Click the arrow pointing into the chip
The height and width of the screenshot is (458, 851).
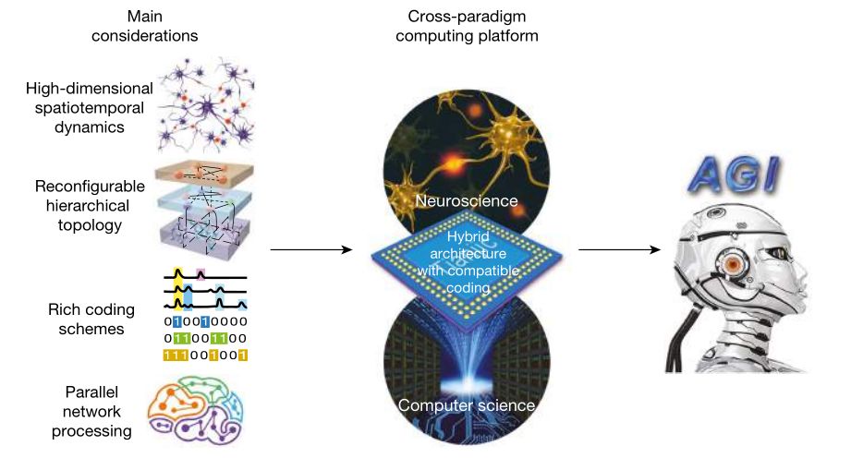pyautogui.click(x=313, y=249)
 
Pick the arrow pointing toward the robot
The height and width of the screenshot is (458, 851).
pyautogui.click(x=619, y=249)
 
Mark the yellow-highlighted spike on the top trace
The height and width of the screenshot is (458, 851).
pyautogui.click(x=179, y=273)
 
